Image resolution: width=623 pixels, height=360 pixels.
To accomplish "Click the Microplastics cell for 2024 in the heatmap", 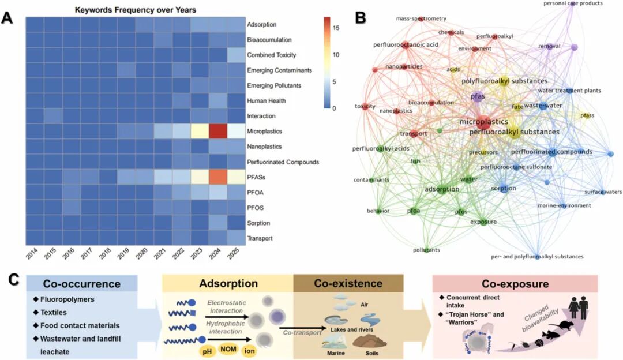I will coord(219,132).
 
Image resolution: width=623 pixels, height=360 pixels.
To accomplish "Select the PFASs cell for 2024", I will coord(219,177).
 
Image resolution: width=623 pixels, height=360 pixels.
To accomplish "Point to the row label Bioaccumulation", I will coord(269,40).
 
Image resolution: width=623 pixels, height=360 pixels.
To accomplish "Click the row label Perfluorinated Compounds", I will coord(283,162).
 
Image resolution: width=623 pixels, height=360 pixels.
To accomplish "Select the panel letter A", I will coord(8,18).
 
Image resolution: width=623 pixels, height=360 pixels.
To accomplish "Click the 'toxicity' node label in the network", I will coord(365,107).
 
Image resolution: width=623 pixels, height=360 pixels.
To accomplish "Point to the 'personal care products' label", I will coord(573,3).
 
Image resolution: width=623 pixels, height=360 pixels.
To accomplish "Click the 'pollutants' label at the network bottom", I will coord(426,250).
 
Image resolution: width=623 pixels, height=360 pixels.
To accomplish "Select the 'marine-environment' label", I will coord(564,205).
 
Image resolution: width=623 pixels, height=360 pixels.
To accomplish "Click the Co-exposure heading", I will coord(515,284).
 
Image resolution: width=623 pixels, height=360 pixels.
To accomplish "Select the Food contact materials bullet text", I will coord(84,325).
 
